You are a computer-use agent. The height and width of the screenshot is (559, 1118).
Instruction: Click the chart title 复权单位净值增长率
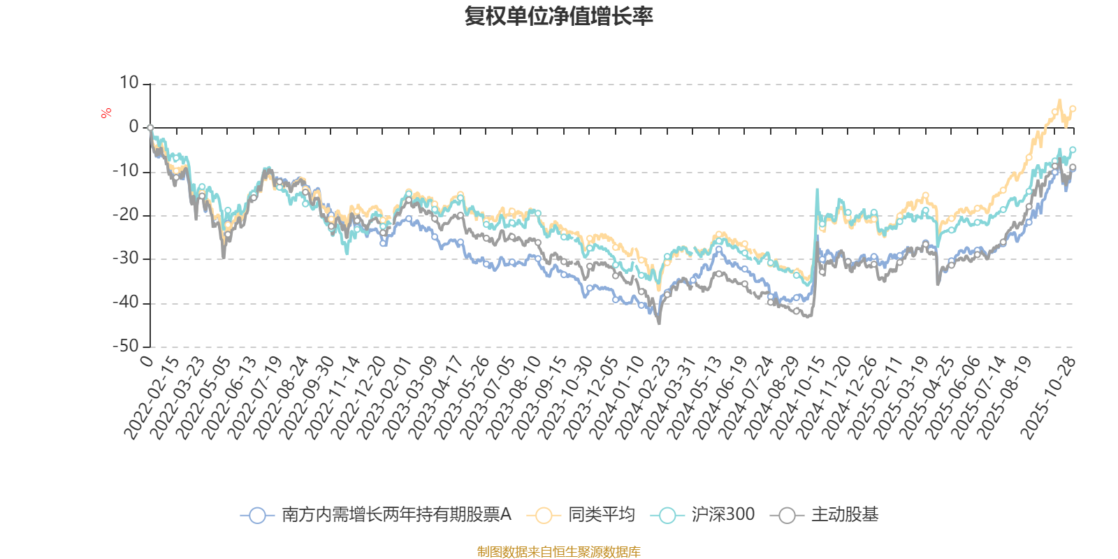559,16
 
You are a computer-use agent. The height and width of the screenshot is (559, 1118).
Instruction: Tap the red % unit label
106,113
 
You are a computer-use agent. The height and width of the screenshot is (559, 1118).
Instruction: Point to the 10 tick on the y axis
129,83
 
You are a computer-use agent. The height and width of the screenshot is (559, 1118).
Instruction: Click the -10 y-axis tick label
126,171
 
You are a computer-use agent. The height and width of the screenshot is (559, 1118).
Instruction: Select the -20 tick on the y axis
126,215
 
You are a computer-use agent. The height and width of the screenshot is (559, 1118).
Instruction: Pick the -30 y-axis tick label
126,259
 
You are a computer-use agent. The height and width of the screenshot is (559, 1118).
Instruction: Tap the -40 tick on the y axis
126,303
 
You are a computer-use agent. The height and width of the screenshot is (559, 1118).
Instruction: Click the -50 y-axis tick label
126,346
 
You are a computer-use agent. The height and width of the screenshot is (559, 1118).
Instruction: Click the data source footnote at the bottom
559,552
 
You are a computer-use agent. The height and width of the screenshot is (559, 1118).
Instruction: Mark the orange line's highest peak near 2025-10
1059,101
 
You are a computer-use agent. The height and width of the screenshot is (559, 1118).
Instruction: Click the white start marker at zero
150,128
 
